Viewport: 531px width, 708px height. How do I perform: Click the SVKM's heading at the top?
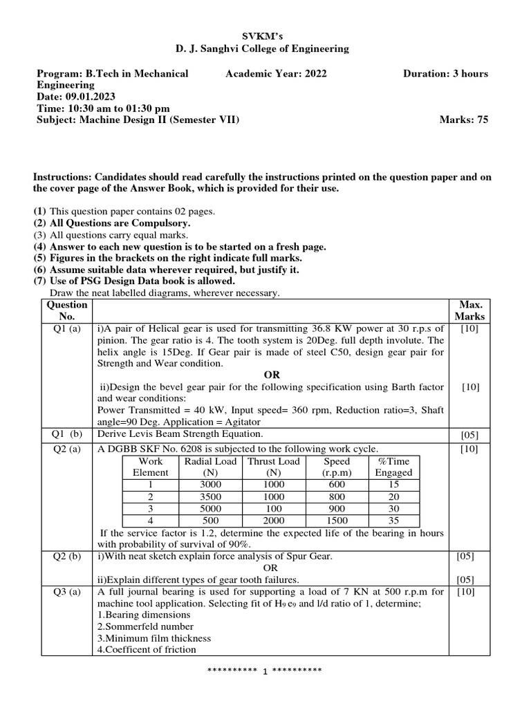[265, 36]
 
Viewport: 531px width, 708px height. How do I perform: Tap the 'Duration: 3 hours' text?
[445, 74]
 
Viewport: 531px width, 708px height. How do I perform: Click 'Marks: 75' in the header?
[464, 120]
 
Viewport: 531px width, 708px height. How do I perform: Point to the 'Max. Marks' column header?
[472, 310]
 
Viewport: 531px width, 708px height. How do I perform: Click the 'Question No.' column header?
[66, 310]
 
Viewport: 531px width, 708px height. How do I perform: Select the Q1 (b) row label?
[66, 434]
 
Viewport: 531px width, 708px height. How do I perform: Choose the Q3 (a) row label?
[66, 592]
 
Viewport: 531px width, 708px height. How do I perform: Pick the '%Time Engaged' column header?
[393, 467]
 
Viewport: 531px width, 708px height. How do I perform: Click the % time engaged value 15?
[393, 485]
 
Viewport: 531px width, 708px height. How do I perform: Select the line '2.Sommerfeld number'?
[142, 626]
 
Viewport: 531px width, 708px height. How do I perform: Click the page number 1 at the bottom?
[265, 672]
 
